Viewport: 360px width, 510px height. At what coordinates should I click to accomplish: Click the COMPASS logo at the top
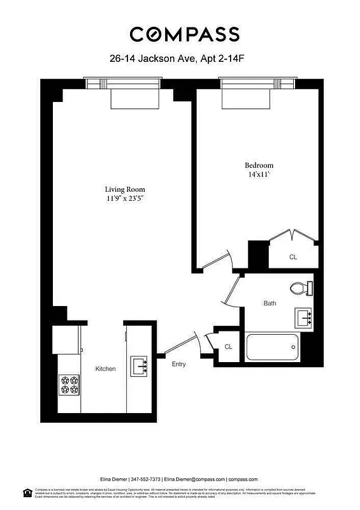[184, 34]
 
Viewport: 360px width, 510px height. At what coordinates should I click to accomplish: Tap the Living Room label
[125, 189]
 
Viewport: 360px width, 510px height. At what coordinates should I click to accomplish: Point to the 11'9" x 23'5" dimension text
[125, 198]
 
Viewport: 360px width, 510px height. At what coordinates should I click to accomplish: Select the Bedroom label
[259, 165]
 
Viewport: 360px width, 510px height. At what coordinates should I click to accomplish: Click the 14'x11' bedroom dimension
[259, 174]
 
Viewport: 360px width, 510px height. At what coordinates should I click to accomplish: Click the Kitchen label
[105, 369]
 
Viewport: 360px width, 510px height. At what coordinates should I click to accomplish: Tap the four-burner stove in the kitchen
[69, 384]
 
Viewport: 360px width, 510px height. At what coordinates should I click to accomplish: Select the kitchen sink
[140, 366]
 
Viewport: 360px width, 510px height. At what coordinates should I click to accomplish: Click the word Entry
[179, 364]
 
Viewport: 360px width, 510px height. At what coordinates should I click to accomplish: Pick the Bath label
[270, 303]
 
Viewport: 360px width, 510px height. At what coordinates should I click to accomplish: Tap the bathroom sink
[303, 316]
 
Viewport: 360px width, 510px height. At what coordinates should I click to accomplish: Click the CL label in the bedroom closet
[293, 258]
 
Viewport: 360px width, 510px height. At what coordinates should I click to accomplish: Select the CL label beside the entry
[228, 347]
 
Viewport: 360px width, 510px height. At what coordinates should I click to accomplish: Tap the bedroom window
[257, 84]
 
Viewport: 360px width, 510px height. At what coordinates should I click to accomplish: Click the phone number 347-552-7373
[147, 479]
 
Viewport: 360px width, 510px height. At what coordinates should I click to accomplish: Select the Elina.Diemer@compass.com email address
[194, 479]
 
